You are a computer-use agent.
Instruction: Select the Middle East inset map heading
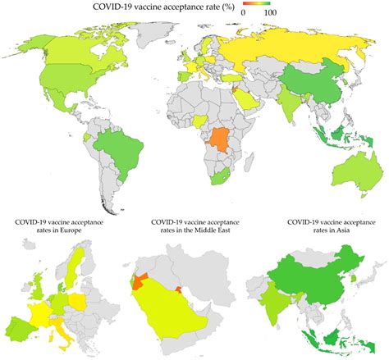(194, 228)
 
